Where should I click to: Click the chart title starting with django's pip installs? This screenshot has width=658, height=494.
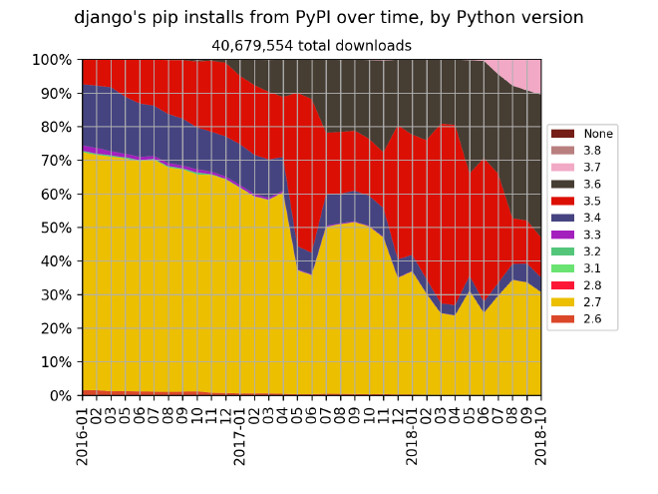click(x=329, y=17)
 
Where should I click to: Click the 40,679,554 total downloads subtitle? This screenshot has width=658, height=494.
click(x=311, y=45)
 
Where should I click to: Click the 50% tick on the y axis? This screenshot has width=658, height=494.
click(x=56, y=228)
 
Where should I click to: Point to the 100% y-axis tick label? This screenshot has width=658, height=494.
click(x=52, y=60)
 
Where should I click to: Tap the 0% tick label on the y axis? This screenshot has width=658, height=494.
click(x=60, y=395)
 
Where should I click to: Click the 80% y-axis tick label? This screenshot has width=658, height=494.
click(x=56, y=127)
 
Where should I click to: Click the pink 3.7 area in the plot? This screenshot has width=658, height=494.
click(x=523, y=74)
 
